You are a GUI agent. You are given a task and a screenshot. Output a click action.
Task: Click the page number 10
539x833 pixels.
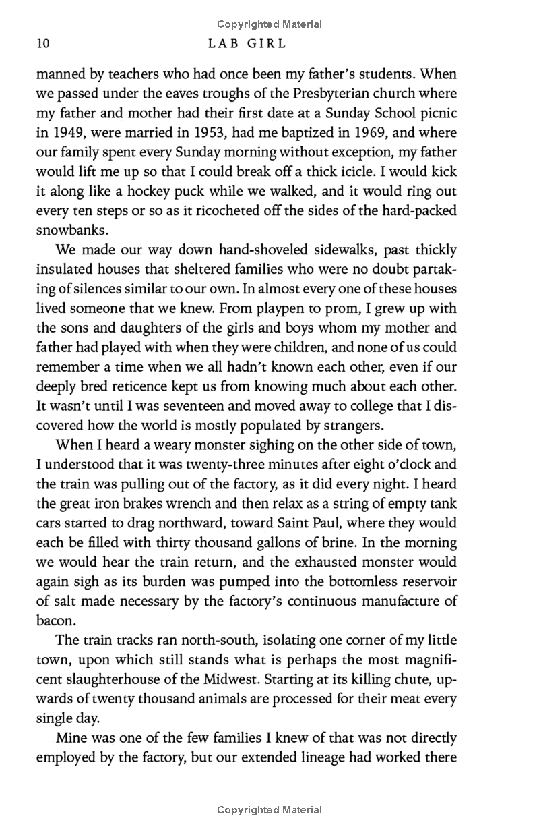42,45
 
